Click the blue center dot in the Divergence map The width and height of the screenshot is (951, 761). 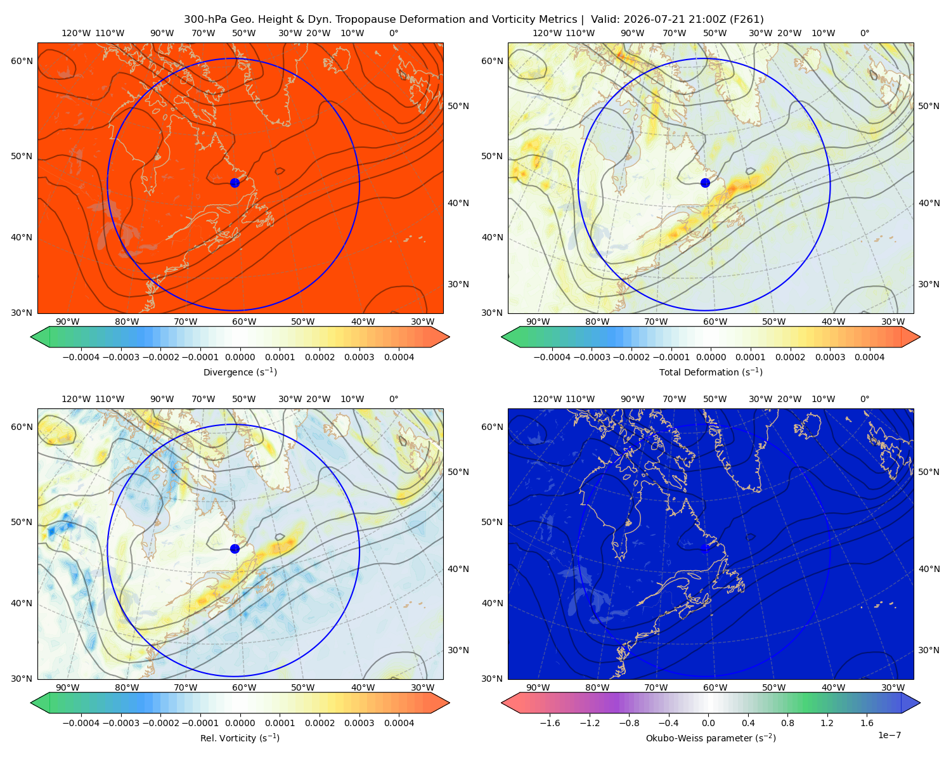(x=235, y=183)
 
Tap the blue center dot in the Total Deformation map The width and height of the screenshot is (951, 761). (x=705, y=183)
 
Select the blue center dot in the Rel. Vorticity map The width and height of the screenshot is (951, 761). (x=235, y=549)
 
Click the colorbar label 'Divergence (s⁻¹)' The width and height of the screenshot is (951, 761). (x=240, y=372)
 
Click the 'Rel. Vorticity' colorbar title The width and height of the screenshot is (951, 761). (x=228, y=738)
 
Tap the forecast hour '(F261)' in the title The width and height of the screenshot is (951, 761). (x=746, y=20)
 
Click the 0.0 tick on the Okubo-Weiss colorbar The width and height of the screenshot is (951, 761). (x=708, y=723)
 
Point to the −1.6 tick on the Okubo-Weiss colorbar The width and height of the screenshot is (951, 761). (x=550, y=723)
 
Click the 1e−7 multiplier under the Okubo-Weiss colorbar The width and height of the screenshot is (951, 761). (x=889, y=735)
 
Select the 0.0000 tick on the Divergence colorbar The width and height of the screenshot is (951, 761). (x=240, y=357)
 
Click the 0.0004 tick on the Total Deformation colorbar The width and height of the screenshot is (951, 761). (x=869, y=357)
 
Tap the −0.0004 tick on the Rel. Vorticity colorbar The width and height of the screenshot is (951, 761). (x=81, y=723)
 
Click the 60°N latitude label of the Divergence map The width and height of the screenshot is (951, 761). (x=22, y=61)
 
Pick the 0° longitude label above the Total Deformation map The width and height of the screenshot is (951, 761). (x=864, y=33)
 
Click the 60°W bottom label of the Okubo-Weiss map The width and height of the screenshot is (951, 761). (x=715, y=687)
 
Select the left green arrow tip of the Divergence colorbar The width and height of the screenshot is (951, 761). (x=31, y=337)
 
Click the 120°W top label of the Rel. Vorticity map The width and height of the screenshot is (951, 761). (x=76, y=399)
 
